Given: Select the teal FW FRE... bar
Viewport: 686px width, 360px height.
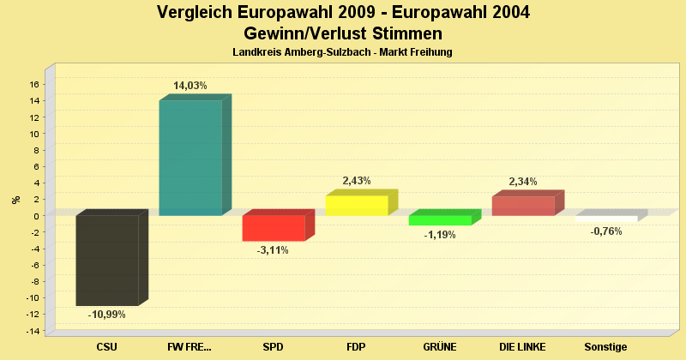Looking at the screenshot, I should [x=190, y=158].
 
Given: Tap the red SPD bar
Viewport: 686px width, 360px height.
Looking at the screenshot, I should [x=274, y=228].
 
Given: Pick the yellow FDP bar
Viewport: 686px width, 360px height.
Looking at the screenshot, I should [x=357, y=206].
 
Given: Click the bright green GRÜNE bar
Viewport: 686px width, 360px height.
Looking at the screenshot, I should [x=440, y=220].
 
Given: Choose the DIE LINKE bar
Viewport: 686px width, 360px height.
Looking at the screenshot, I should [x=523, y=206].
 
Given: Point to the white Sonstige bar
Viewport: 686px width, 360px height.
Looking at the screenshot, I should [x=606, y=219].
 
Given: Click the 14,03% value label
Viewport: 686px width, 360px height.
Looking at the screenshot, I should [x=190, y=86].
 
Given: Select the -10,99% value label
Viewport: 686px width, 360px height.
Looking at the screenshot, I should [x=107, y=315].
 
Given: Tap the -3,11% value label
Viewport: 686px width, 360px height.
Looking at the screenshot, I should [x=274, y=250].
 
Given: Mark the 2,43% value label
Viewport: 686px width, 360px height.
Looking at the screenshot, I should [x=357, y=181].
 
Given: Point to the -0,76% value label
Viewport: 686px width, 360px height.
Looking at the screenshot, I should [x=606, y=231].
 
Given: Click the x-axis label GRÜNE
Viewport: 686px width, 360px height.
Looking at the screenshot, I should [x=440, y=347].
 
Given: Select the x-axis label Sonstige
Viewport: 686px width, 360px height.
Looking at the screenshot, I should [x=606, y=347].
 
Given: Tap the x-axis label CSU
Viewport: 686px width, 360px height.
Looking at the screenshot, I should [x=107, y=347].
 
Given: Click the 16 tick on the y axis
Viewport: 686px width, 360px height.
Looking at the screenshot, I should [x=34, y=84].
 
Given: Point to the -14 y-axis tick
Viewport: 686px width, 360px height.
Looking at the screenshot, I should [x=33, y=331].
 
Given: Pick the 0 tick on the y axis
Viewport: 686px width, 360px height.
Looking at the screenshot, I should [x=37, y=216].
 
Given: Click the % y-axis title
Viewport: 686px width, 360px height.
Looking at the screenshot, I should [x=15, y=200].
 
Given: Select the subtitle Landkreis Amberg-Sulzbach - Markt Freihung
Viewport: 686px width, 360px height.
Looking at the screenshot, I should [x=342, y=52].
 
